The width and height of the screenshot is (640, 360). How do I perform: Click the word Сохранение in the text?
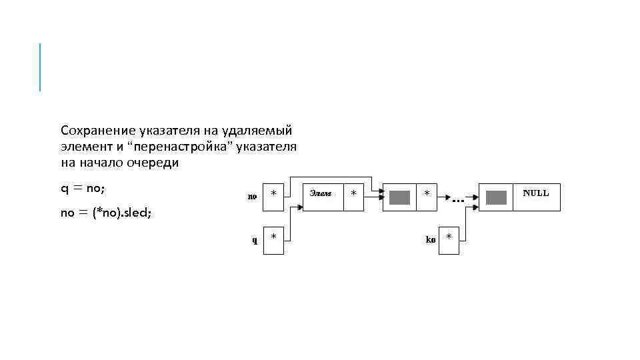[x=98, y=130]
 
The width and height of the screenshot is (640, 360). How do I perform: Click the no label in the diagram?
[x=252, y=196]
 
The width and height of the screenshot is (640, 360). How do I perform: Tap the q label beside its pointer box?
[x=254, y=241]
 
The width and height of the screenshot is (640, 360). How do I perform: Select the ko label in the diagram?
[x=431, y=239]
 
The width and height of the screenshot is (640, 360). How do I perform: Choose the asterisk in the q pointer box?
[x=273, y=237]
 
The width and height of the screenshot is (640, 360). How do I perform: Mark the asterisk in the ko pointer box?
[x=449, y=237]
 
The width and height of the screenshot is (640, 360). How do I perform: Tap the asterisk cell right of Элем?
[x=353, y=194]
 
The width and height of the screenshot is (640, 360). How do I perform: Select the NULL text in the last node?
[x=536, y=193]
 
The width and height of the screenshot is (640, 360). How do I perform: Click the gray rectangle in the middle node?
[x=399, y=197]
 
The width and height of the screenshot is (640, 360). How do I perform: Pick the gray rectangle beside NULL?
[x=497, y=197]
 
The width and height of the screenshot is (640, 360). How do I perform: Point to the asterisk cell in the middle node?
[x=427, y=194]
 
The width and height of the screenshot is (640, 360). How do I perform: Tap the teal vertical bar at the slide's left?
[x=40, y=67]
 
